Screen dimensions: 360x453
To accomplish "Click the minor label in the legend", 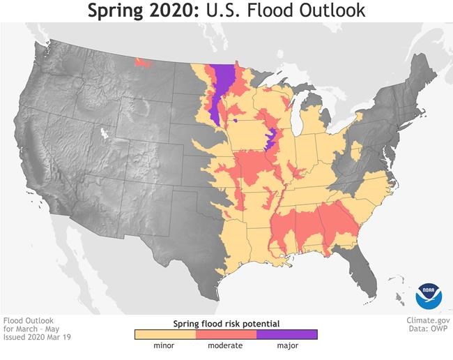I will point(164,345).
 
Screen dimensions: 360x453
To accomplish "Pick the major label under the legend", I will point(286,345).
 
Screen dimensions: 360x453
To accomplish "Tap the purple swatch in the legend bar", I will point(286,334).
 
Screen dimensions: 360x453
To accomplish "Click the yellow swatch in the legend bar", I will point(164,334).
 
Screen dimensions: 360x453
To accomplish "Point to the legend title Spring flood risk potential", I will point(226,324).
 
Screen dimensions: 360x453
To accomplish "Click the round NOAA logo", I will point(429,296).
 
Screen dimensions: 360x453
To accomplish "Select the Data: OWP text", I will point(429,330).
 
